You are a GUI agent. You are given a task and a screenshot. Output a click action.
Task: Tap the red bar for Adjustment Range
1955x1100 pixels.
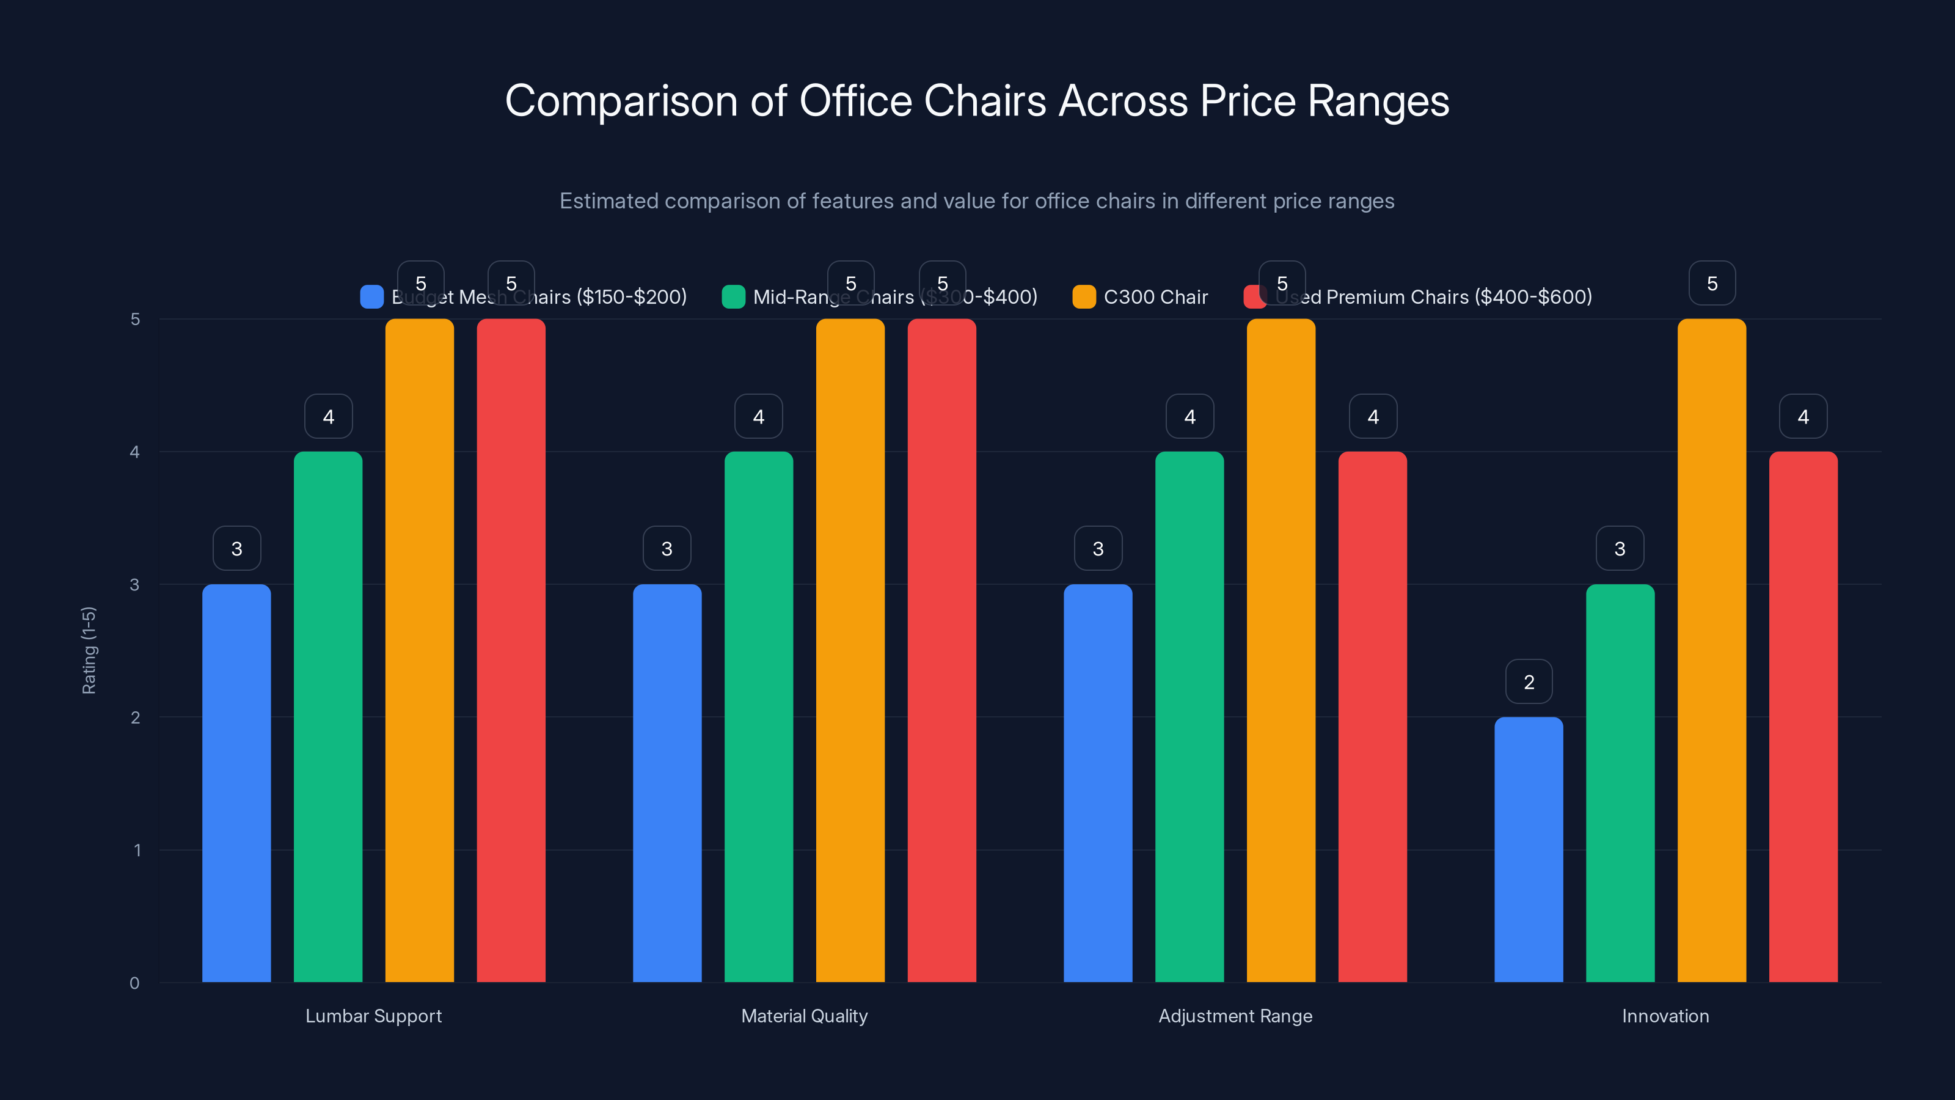[x=1372, y=717]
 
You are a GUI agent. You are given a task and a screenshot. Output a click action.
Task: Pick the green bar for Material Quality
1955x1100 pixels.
[x=758, y=717]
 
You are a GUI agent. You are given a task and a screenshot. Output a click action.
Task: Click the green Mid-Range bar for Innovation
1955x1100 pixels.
[x=1620, y=783]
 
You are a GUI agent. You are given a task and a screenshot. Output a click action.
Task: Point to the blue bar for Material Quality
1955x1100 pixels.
[x=667, y=783]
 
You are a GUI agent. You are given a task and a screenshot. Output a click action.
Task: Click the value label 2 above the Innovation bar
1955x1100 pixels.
[x=1529, y=682]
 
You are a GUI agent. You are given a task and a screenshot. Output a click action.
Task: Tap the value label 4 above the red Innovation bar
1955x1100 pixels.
[x=1803, y=416]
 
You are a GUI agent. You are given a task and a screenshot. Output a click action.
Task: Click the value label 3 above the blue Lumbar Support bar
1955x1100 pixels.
[x=237, y=548]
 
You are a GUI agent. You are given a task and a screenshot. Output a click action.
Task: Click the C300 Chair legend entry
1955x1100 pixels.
[x=1155, y=297]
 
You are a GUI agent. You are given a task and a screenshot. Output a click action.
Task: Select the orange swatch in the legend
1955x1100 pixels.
[x=1084, y=297]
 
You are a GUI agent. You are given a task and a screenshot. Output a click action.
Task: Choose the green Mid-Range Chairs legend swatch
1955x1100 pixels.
[x=733, y=297]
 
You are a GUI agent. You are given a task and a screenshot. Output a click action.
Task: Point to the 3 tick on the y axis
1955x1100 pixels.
[x=135, y=585]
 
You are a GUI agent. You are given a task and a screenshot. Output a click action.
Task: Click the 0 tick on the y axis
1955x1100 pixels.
[x=135, y=983]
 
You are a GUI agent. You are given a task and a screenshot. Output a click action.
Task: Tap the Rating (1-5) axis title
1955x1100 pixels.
[x=89, y=650]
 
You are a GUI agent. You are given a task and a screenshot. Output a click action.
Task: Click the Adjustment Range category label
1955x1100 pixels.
[x=1235, y=1016]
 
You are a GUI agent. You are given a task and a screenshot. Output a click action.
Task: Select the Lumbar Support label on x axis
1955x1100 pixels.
[x=373, y=1016]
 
